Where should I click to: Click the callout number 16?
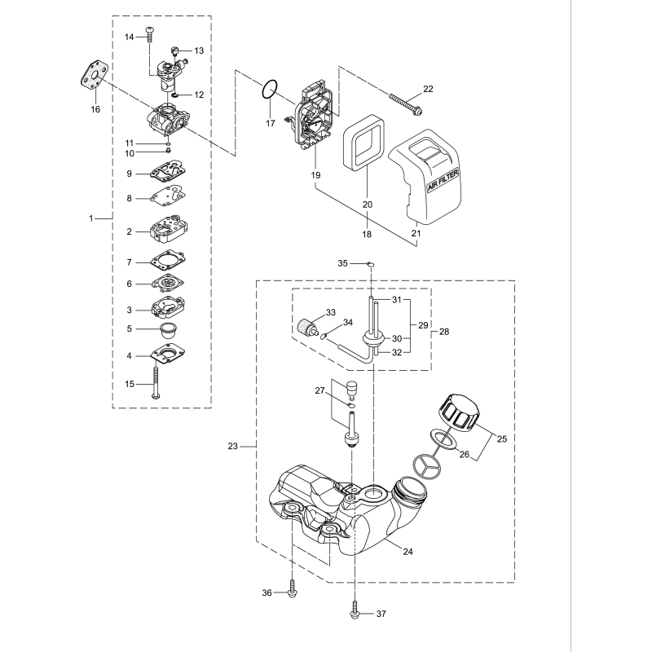[x=95, y=108]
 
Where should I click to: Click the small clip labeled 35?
[x=369, y=264]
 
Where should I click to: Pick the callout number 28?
[x=444, y=333]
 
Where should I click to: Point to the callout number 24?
[x=408, y=552]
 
